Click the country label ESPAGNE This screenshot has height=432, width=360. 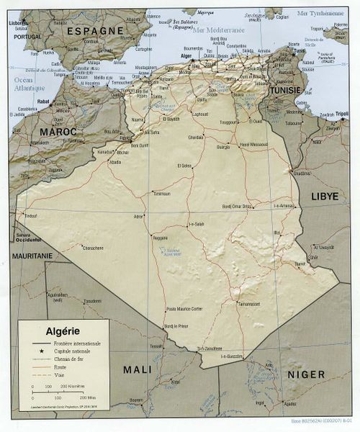coord(95,30)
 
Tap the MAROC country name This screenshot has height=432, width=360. coord(58,132)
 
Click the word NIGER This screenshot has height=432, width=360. coord(306,374)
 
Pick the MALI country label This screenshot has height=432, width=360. coord(137,369)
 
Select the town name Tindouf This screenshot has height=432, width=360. coord(30,215)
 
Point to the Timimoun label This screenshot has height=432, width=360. coord(161,193)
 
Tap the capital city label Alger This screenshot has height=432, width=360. coord(186,55)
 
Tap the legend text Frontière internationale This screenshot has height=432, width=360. coord(77,343)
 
